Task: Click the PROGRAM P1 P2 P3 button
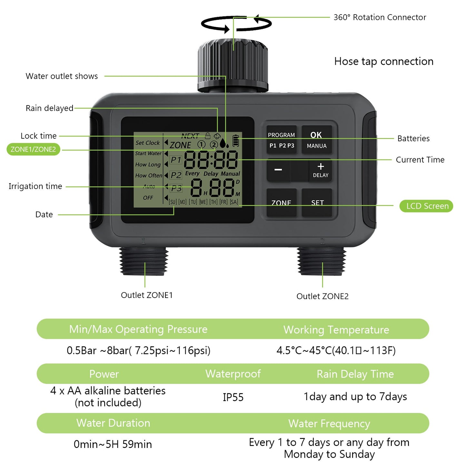click(282, 140)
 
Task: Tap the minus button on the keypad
click(278, 170)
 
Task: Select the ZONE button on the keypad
click(282, 203)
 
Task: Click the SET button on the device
click(317, 203)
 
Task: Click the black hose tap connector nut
click(233, 64)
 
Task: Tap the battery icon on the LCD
click(236, 141)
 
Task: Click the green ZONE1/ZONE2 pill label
click(33, 149)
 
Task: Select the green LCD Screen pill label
click(426, 206)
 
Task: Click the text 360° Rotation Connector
click(380, 17)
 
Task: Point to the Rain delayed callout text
click(49, 108)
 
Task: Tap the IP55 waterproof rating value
click(233, 397)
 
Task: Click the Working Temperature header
click(336, 330)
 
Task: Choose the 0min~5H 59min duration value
click(113, 444)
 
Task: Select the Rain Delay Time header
click(355, 374)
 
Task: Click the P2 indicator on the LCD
click(176, 175)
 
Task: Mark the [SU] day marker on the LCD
click(173, 202)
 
